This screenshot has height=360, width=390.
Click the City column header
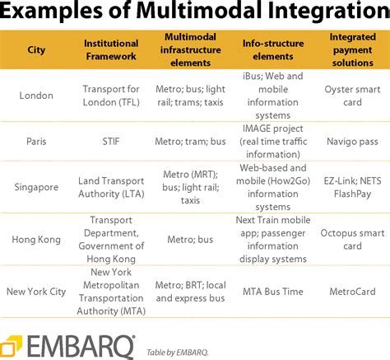click(36, 50)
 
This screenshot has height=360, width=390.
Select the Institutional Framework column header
click(111, 49)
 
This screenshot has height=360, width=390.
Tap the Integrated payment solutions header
click(353, 49)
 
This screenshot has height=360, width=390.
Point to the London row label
click(36, 96)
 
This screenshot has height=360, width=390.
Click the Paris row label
click(36, 142)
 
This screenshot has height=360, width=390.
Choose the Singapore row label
click(36, 187)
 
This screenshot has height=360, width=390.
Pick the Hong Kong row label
click(36, 240)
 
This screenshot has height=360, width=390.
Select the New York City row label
click(36, 292)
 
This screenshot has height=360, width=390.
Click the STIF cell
click(111, 142)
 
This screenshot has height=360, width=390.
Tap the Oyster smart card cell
click(353, 96)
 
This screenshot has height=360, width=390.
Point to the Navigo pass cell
click(353, 142)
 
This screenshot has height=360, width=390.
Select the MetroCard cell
click(353, 292)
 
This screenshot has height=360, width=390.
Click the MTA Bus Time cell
click(273, 292)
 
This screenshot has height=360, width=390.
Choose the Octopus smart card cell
click(353, 240)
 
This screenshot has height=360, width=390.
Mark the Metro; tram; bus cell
click(190, 142)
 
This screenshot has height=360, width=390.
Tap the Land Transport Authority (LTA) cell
click(111, 187)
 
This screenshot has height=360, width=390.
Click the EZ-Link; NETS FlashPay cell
click(353, 187)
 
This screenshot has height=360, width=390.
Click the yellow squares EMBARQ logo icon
click(11, 345)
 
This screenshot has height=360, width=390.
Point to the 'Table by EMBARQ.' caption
click(178, 353)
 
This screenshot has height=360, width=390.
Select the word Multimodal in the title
click(199, 11)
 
